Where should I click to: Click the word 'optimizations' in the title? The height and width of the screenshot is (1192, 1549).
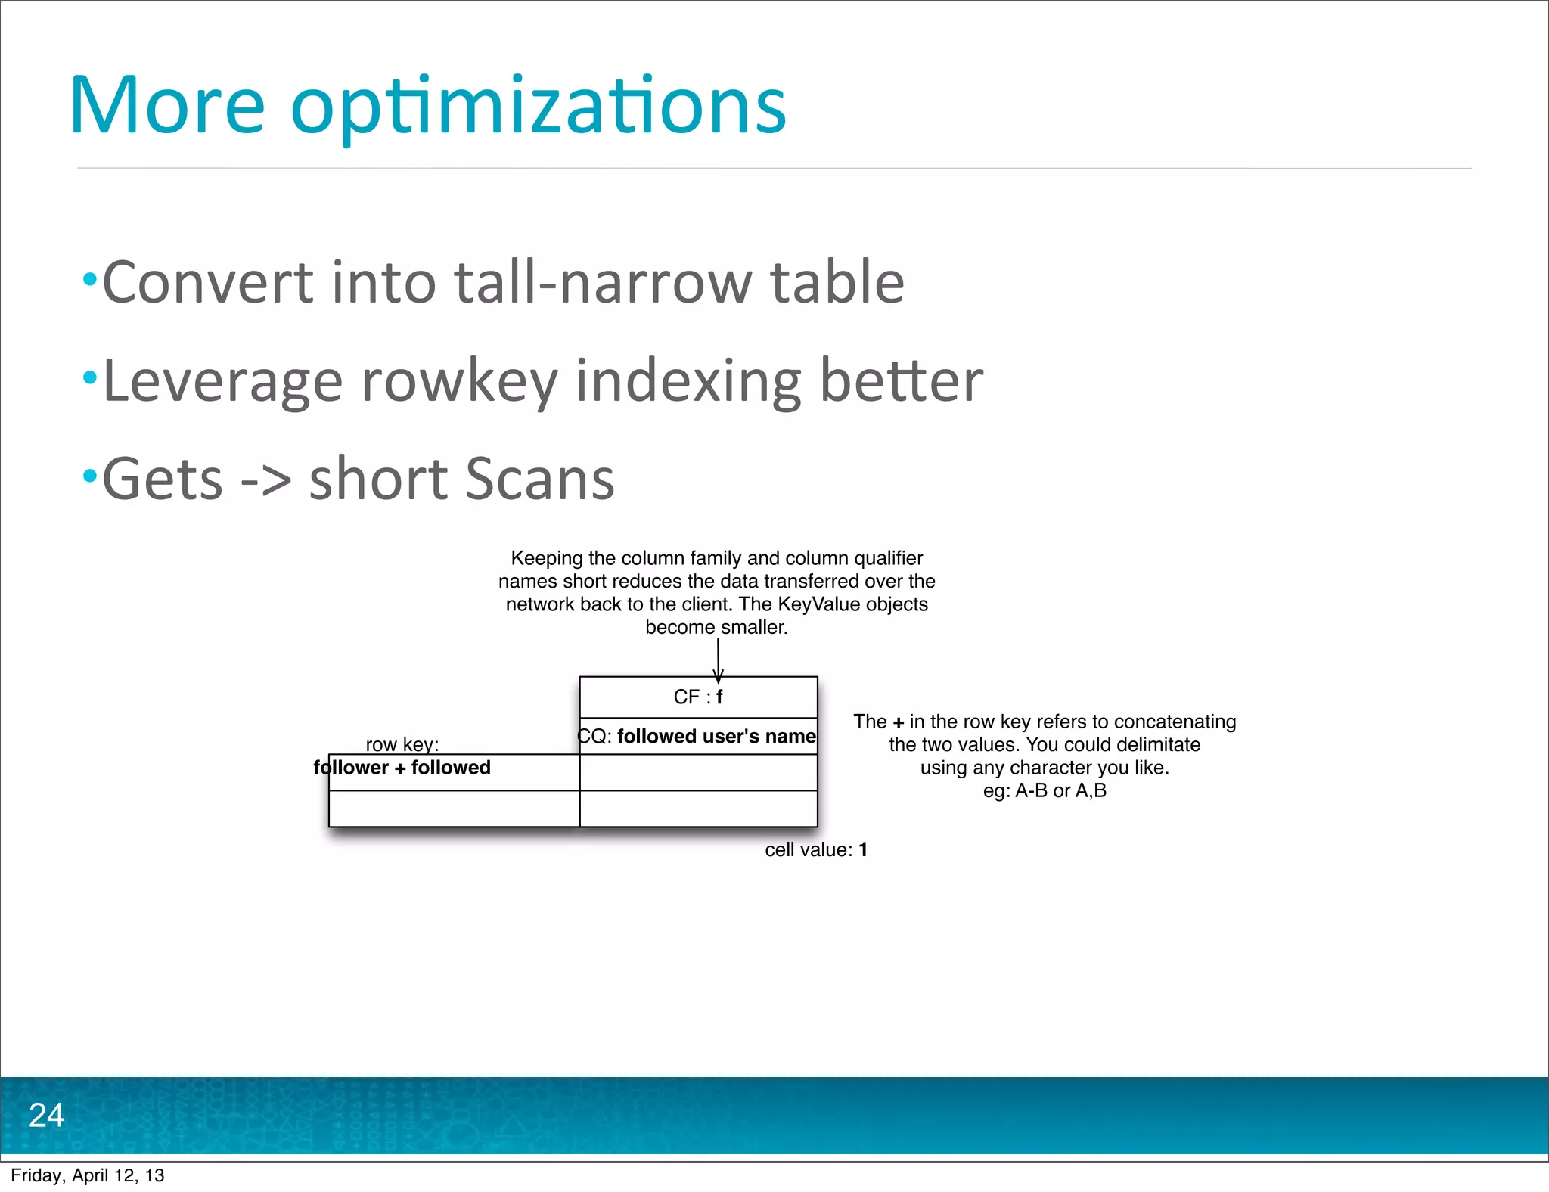(538, 107)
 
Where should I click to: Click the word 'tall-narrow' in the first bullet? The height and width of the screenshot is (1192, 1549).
(602, 282)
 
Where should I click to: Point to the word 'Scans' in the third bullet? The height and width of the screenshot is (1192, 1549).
(538, 479)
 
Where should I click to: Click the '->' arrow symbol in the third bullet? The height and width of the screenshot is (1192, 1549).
(265, 480)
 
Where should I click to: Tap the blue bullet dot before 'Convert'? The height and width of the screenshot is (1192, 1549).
(90, 279)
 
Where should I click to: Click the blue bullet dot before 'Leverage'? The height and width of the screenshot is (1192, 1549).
(90, 377)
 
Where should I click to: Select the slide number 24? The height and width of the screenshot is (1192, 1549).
(46, 1116)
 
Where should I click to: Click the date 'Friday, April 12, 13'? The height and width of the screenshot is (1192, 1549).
(88, 1175)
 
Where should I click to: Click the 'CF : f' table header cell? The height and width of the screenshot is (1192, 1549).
(698, 697)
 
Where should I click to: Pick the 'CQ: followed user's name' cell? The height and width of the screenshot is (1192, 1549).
(697, 737)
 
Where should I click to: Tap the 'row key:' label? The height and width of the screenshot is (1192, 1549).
(402, 744)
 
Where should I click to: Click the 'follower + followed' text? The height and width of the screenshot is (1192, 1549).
(402, 768)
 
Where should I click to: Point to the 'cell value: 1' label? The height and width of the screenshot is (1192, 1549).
(816, 850)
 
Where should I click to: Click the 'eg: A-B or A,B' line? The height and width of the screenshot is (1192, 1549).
(1045, 791)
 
